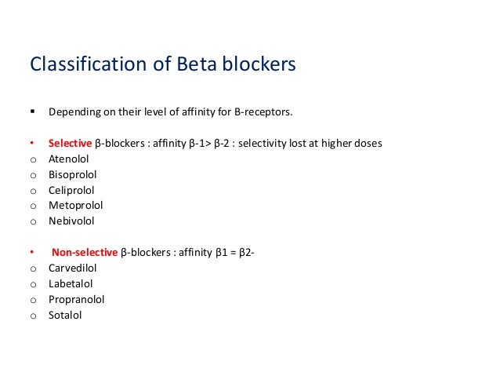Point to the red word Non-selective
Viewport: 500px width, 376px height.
[x=85, y=253]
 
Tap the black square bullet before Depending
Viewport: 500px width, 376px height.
[x=33, y=111]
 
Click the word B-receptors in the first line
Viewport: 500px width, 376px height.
[x=263, y=112]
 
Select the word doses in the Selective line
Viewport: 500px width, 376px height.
[x=367, y=144]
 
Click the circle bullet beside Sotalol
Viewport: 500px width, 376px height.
[x=33, y=316]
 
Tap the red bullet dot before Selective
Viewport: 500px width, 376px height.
[x=32, y=144]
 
